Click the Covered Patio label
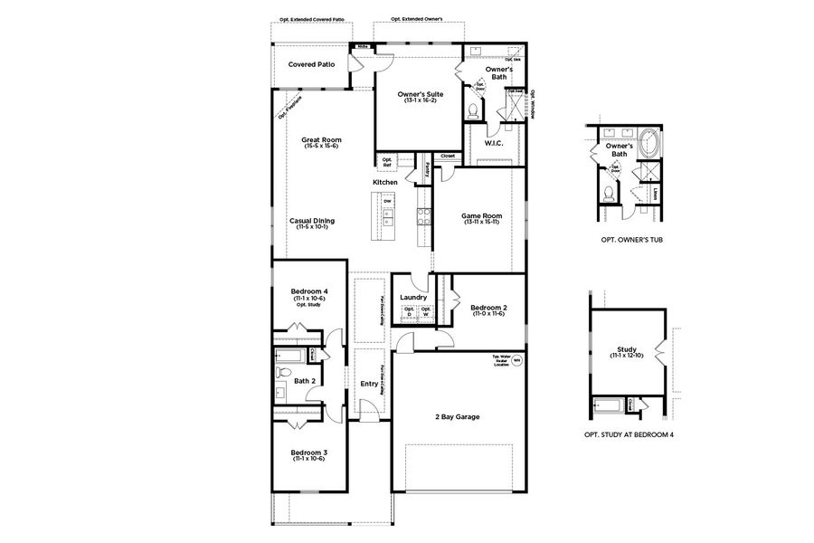point(312,64)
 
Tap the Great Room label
point(321,140)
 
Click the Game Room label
point(481,216)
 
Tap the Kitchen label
point(385,183)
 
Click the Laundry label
point(412,296)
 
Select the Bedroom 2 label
point(488,308)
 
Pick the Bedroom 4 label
point(308,291)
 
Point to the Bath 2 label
point(305,381)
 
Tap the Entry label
point(369,384)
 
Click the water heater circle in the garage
point(517,360)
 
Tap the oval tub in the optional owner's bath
point(649,143)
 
